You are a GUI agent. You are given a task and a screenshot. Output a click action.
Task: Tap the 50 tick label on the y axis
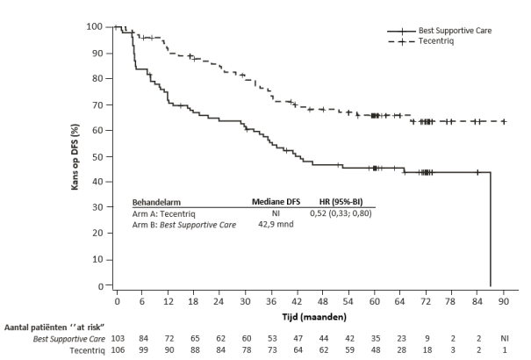tap(103, 156)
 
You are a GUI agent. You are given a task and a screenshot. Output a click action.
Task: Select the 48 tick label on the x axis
tap(324, 301)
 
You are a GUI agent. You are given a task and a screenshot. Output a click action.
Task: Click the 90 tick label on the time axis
tap(504, 301)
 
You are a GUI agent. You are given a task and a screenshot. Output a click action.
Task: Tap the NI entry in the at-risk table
tap(504, 337)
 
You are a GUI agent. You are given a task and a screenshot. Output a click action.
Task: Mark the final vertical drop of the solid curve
tap(490, 228)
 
